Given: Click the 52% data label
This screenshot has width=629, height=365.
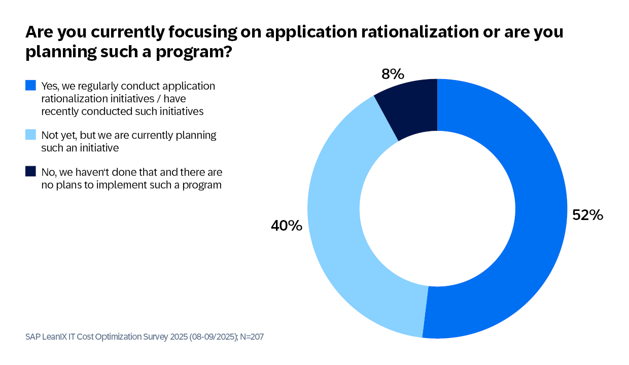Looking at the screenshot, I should click(x=587, y=215).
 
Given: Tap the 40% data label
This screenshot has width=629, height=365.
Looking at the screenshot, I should click(x=287, y=226).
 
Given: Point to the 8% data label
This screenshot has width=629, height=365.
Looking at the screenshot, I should click(x=392, y=75).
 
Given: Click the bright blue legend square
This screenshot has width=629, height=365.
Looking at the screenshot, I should click(x=30, y=86).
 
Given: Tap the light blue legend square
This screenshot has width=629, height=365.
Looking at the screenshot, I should click(x=30, y=135).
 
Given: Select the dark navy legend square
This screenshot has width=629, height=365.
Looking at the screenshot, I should click(x=30, y=172).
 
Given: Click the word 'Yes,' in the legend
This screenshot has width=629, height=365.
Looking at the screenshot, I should click(x=51, y=86).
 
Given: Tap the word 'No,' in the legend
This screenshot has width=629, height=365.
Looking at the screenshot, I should click(x=49, y=172).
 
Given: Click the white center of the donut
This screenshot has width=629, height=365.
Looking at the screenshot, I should click(x=437, y=208).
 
